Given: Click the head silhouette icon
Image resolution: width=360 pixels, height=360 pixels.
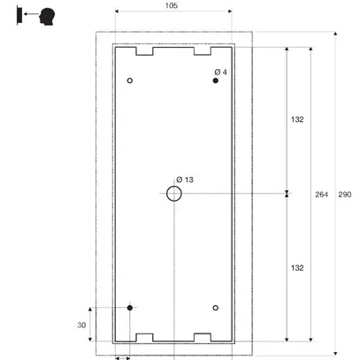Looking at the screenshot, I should pyautogui.click(x=46, y=14).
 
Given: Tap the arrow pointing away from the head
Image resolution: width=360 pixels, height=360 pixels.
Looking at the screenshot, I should pyautogui.click(x=30, y=15).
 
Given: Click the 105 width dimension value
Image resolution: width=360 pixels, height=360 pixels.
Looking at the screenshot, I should pyautogui.click(x=172, y=6).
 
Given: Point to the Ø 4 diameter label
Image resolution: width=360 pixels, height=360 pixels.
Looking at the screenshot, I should pyautogui.click(x=221, y=71).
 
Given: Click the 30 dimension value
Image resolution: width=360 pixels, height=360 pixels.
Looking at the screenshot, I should pyautogui.click(x=81, y=325).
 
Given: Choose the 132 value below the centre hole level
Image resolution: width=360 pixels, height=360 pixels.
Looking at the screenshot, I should pyautogui.click(x=297, y=267).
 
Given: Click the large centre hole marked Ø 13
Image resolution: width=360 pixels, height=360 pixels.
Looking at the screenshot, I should pyautogui.click(x=173, y=194).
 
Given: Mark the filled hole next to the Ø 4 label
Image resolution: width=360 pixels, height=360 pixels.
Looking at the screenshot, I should pyautogui.click(x=215, y=81).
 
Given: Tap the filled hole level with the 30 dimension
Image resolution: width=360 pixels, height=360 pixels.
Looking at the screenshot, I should pyautogui.click(x=130, y=307).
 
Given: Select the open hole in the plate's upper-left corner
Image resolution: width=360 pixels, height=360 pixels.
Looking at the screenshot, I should pyautogui.click(x=130, y=81).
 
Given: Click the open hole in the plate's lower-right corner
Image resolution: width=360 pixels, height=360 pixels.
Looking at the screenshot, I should pyautogui.click(x=215, y=307).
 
